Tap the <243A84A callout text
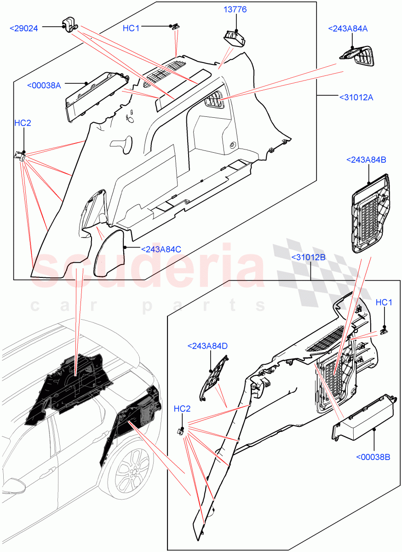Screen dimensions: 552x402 (x=348, y=29)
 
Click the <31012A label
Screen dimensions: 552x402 (x=356, y=97)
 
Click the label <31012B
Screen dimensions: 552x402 (x=308, y=257)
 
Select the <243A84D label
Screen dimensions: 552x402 (x=207, y=345)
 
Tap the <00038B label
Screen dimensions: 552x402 (x=373, y=457)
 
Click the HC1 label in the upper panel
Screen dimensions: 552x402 (x=131, y=28)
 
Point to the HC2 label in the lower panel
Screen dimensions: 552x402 (x=182, y=408)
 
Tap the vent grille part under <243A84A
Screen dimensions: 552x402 (x=359, y=56)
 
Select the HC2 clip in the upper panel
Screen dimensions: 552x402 (x=20, y=156)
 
